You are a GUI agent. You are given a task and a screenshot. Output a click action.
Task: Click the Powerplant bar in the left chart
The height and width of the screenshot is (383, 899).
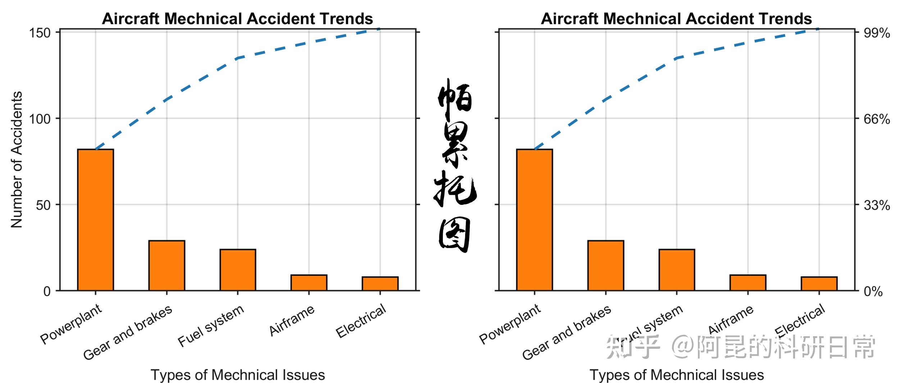(x=95, y=220)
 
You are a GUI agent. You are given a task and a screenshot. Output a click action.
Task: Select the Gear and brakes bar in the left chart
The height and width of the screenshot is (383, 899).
(x=167, y=265)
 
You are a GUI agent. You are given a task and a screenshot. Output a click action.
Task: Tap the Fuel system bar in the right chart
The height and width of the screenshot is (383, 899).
(x=676, y=270)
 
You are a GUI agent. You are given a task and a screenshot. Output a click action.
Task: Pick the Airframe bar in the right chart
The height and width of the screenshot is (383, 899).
(x=748, y=283)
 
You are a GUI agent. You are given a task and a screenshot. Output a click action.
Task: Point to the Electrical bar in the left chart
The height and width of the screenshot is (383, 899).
(x=380, y=284)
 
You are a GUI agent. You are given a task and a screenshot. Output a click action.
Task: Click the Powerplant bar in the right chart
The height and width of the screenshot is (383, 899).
(x=534, y=220)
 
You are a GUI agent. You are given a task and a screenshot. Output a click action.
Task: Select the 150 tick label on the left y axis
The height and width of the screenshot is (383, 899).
(x=40, y=33)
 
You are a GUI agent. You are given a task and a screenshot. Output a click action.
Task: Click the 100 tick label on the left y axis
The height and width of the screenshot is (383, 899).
(x=40, y=119)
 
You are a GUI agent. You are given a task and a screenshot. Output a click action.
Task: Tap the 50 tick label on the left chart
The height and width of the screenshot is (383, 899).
(x=43, y=205)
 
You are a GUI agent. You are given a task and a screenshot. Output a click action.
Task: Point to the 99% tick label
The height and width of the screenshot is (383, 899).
(x=877, y=33)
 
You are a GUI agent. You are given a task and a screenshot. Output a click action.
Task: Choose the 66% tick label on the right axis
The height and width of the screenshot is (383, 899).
(x=877, y=119)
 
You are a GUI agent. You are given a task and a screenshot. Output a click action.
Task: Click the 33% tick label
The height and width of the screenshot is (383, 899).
(x=877, y=205)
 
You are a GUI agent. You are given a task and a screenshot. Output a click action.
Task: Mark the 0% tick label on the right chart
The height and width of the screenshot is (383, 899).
(x=873, y=291)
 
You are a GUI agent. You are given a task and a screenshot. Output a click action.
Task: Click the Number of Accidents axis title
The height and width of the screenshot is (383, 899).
(x=17, y=159)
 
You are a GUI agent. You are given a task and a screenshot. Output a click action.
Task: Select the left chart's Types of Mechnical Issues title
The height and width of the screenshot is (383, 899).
(x=238, y=375)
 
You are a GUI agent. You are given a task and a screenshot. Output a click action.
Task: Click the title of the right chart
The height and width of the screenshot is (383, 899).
(x=676, y=19)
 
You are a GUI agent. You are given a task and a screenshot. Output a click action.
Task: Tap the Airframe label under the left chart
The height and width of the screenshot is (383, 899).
(x=292, y=320)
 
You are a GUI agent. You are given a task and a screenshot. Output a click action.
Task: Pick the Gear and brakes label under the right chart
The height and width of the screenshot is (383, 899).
(x=566, y=333)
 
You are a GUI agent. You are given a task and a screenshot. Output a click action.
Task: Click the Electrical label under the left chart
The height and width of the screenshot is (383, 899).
(x=361, y=321)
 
